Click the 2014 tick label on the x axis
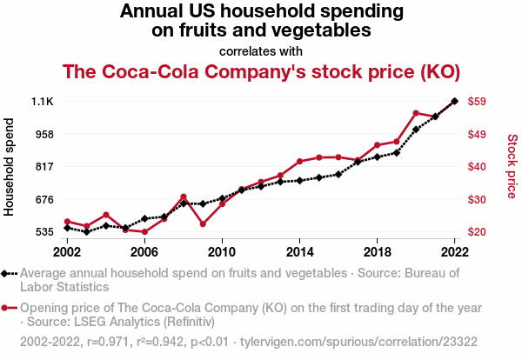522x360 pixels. click(299, 251)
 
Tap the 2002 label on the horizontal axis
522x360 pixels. click(67, 251)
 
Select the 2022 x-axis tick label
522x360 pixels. click(454, 251)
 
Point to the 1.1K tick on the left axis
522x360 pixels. click(42, 101)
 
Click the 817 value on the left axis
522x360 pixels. click(43, 166)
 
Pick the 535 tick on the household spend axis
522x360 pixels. click(43, 232)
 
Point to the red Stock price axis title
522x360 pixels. click(512, 166)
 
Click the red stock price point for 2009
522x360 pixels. click(203, 224)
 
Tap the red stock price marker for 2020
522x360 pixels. click(416, 113)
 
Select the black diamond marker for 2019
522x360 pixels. click(397, 152)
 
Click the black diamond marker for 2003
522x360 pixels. click(86, 232)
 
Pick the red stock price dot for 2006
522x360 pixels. click(144, 232)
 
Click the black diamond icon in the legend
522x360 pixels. click(6, 273)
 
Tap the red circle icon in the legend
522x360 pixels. click(6, 307)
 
